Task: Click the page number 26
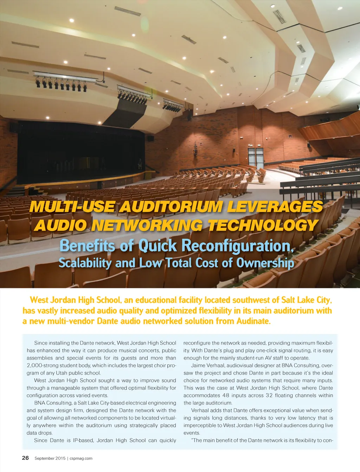click(x=25, y=458)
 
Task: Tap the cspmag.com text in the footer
click(x=81, y=458)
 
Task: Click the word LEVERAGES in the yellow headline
click(x=275, y=206)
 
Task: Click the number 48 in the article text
click(x=226, y=395)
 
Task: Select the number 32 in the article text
click(x=269, y=395)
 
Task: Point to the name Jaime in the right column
click(x=198, y=366)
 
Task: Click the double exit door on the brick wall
click(x=256, y=158)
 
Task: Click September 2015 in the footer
click(x=50, y=458)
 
